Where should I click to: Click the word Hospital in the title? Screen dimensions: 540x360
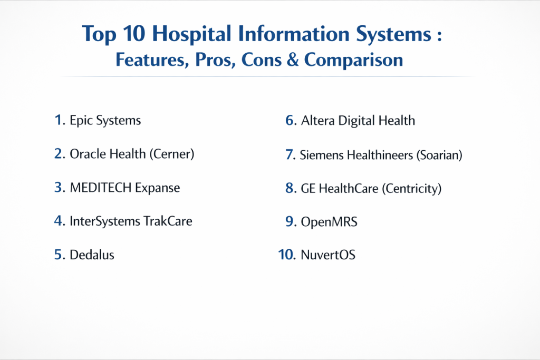pos(191,34)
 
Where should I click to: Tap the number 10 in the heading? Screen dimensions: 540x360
pos(133,34)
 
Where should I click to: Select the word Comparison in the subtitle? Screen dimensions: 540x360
pos(353,60)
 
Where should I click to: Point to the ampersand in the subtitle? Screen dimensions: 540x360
pos(292,59)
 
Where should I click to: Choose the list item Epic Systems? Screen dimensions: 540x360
pos(105,121)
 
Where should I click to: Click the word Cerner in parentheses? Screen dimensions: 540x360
pos(172,154)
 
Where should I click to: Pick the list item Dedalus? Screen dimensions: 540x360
pos(92,255)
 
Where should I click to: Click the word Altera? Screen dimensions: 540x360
pos(317,121)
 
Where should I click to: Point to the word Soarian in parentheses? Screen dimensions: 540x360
pos(439,155)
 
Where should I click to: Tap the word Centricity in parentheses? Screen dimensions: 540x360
pos(411,188)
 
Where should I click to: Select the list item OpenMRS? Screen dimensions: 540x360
pos(329,222)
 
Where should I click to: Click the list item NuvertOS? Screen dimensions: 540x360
pos(328,255)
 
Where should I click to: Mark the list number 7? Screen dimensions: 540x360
pos(290,154)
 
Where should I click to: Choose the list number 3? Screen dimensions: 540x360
pos(59,187)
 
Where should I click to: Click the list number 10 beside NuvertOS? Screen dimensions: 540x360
pos(286,255)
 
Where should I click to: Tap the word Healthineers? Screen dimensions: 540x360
pos(380,155)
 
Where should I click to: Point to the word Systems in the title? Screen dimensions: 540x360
pos(393,34)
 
